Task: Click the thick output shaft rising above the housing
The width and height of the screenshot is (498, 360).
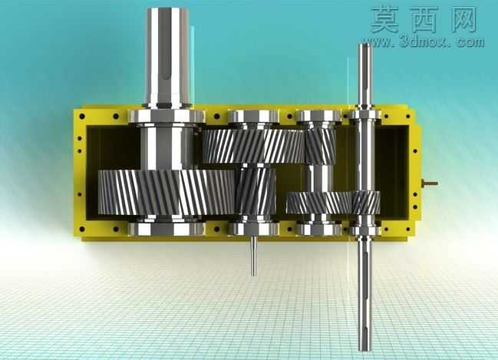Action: pos(167,58)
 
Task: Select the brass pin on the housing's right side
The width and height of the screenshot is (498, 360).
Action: pos(430,183)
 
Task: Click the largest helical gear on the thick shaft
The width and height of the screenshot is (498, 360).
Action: pos(166,192)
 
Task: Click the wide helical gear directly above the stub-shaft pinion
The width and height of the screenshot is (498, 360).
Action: pos(253,147)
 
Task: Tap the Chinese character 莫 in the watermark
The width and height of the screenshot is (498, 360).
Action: pos(385,20)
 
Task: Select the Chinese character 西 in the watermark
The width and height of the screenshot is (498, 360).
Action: pos(426,20)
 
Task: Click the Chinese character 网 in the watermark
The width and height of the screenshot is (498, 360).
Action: pos(463,20)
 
